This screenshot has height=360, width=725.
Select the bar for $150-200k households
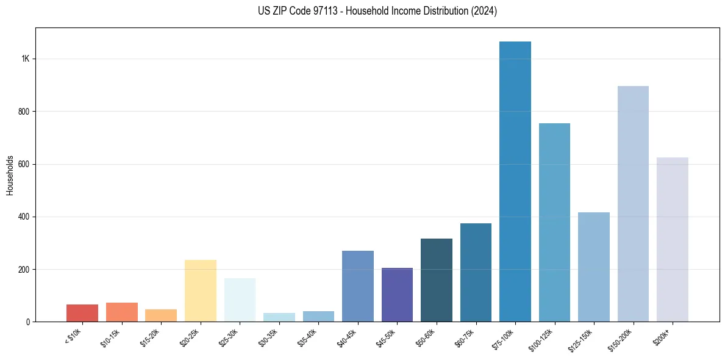click(633, 204)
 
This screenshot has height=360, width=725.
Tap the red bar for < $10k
click(82, 313)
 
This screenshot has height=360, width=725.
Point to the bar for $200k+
click(672, 239)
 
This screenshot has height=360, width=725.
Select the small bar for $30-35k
click(279, 317)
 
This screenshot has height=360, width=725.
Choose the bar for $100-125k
click(554, 222)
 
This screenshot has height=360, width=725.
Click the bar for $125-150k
click(593, 267)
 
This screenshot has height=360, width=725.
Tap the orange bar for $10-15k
click(121, 312)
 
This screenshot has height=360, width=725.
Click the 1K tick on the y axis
click(25, 59)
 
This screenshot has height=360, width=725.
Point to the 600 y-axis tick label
click(23, 164)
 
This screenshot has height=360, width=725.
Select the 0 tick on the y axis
click(27, 322)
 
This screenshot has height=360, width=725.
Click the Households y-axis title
click(10, 175)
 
